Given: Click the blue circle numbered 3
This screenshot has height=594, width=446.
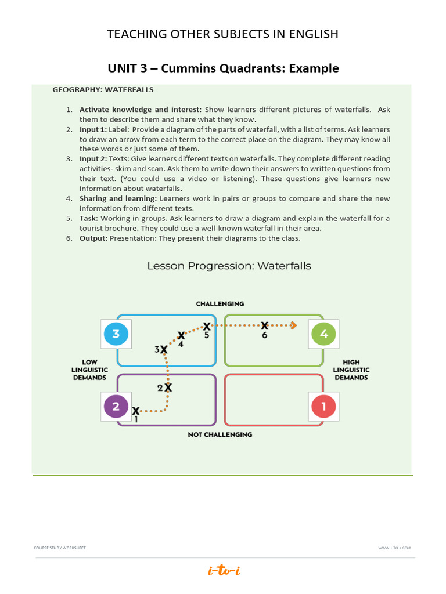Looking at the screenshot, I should [x=116, y=334].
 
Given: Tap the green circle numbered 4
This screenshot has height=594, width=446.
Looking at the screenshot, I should [x=324, y=334].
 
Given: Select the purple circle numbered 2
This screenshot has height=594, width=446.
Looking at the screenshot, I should [x=116, y=407].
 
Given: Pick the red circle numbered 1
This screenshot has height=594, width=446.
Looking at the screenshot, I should [x=324, y=407].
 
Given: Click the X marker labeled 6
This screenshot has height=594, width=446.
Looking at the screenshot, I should [x=265, y=326].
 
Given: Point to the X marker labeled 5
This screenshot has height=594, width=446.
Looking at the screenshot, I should [x=207, y=327].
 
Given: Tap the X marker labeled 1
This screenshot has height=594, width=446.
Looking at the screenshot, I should [x=136, y=411].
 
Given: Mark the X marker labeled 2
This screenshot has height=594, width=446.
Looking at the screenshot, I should [x=168, y=387].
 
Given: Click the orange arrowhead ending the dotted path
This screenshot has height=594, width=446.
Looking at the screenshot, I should [x=294, y=325].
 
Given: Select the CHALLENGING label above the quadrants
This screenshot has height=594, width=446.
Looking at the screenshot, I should [x=220, y=303].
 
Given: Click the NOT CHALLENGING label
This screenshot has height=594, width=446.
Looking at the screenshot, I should [x=220, y=434].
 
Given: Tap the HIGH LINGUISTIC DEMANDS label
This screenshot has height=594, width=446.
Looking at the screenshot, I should [x=351, y=370].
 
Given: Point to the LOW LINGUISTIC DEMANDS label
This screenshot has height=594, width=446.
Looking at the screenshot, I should [x=89, y=370].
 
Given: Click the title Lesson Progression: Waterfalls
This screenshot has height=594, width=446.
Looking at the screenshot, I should [x=229, y=266].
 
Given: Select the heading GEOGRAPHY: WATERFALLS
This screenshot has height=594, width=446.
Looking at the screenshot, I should [x=103, y=90].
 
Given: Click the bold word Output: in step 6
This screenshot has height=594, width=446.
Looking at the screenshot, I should [x=93, y=238].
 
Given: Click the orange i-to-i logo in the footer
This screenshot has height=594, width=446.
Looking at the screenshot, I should [x=224, y=571].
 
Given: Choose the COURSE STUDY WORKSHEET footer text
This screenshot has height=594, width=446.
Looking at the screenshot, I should [x=60, y=548].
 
